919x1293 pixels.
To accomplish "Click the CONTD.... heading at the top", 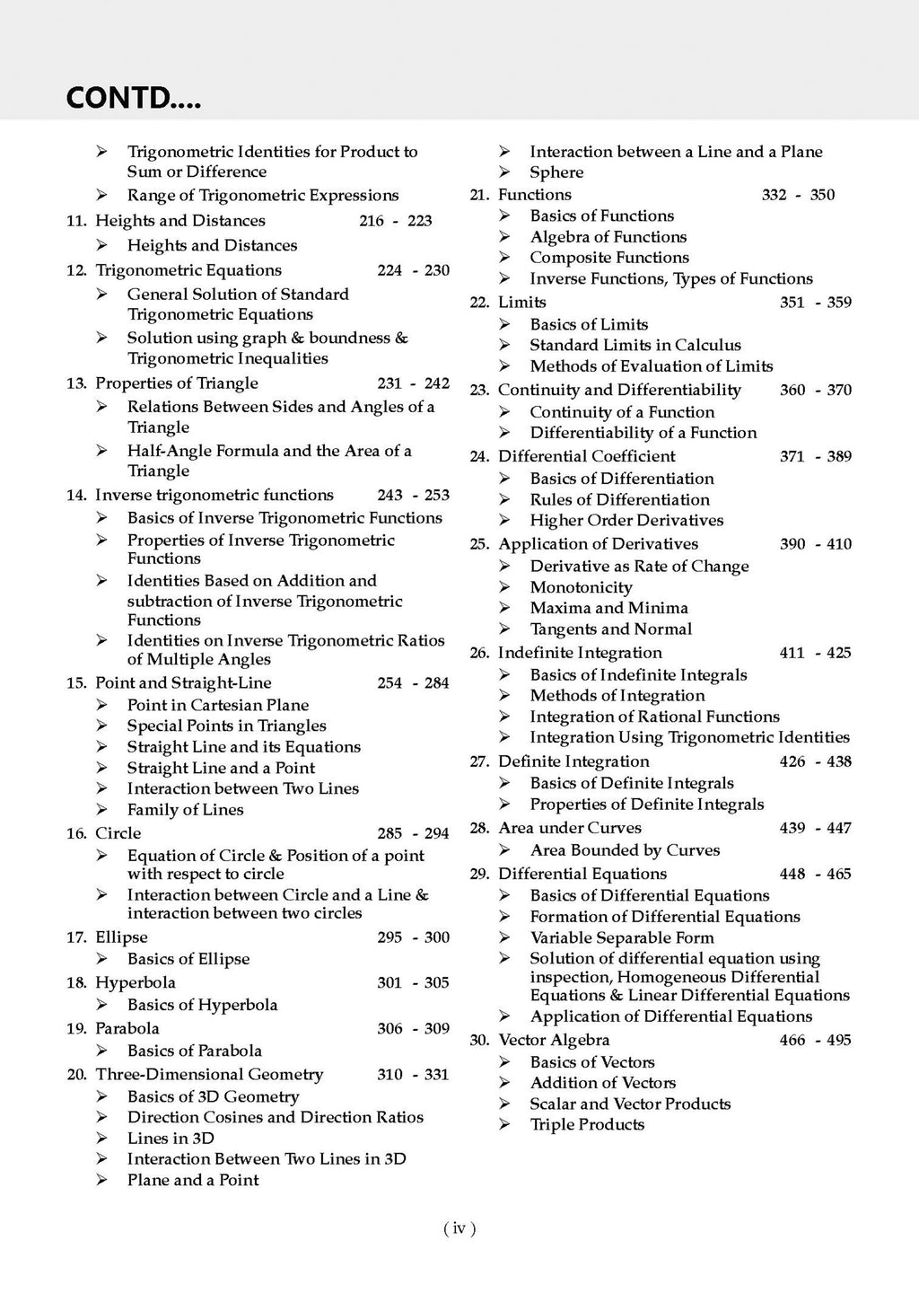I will point(134,97).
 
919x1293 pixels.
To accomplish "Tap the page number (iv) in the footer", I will point(459,1228).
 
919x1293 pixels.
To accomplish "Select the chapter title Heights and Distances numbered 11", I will point(180,221).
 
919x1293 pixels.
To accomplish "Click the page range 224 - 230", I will point(413,270).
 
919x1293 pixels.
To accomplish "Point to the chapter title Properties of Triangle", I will point(177,383).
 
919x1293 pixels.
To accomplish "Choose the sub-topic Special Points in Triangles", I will point(226,726).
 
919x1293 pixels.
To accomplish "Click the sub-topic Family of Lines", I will point(185,809).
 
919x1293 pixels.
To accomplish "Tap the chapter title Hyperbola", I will point(136,982).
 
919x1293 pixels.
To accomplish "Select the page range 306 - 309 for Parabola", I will point(413,1028).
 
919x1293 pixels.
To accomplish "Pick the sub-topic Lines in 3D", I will point(171,1138).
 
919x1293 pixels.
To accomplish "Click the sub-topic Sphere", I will point(556,172).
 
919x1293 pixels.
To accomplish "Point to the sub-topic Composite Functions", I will point(609,258).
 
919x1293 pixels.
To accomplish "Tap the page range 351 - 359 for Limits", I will point(815,303).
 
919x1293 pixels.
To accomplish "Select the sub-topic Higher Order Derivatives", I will point(626,520).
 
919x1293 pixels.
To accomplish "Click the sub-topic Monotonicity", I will point(581,587).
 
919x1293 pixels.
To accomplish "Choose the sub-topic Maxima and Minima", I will point(608,608).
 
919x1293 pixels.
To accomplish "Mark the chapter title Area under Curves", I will point(570,828).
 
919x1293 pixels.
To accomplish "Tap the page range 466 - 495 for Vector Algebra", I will point(815,1040).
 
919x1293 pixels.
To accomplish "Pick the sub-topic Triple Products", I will point(587,1124).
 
